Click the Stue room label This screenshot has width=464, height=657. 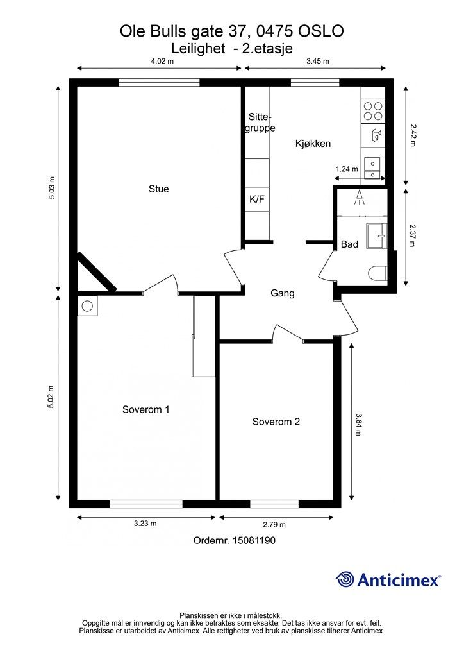pyautogui.click(x=158, y=189)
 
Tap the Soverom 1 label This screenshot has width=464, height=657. pyautogui.click(x=145, y=409)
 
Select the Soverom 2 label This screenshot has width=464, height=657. pyautogui.click(x=276, y=422)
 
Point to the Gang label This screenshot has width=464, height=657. pyautogui.click(x=283, y=293)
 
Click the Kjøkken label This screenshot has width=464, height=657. pyautogui.click(x=313, y=144)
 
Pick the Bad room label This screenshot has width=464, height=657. pyautogui.click(x=349, y=244)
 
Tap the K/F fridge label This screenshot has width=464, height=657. pyautogui.click(x=257, y=200)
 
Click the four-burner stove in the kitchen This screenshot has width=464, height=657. pyautogui.click(x=373, y=110)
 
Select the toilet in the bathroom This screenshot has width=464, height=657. pyautogui.click(x=378, y=273)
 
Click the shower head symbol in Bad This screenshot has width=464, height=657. pyautogui.click(x=359, y=198)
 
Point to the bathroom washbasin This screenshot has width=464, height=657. pyautogui.click(x=377, y=236)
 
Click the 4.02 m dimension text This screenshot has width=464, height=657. pyautogui.click(x=162, y=61)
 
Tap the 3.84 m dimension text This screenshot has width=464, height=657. pyautogui.click(x=358, y=425)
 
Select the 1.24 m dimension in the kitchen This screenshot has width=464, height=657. pyautogui.click(x=347, y=169)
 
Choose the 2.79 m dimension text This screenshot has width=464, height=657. pyautogui.click(x=274, y=525)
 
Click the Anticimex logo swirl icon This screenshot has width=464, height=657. pyautogui.click(x=345, y=580)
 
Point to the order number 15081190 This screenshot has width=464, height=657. pyautogui.click(x=254, y=540)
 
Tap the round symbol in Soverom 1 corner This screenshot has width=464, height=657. pyautogui.click(x=87, y=306)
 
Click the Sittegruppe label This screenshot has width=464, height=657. pyautogui.click(x=260, y=123)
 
